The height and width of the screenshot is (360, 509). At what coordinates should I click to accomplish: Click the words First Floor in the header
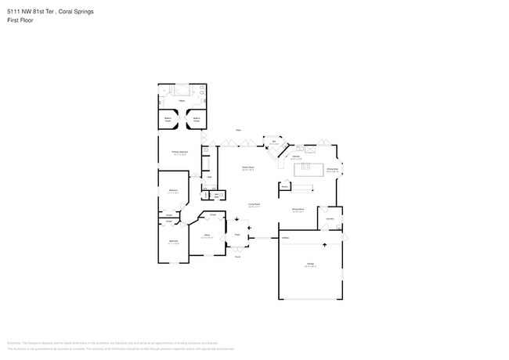(x=20, y=20)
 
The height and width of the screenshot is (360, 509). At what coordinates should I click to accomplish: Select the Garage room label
(x=310, y=265)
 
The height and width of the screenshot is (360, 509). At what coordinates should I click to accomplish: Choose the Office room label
(x=208, y=234)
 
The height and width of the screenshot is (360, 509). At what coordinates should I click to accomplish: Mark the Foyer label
(x=236, y=234)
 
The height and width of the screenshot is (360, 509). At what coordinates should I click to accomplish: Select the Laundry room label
(x=330, y=218)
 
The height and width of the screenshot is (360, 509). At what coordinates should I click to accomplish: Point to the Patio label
(x=238, y=130)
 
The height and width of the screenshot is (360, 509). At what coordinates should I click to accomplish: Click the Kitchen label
(x=297, y=157)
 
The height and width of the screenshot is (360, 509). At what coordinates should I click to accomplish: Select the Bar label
(x=275, y=142)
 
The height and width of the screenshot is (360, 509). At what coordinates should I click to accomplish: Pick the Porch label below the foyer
(x=236, y=256)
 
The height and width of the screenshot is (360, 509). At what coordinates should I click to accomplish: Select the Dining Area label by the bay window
(x=331, y=170)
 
